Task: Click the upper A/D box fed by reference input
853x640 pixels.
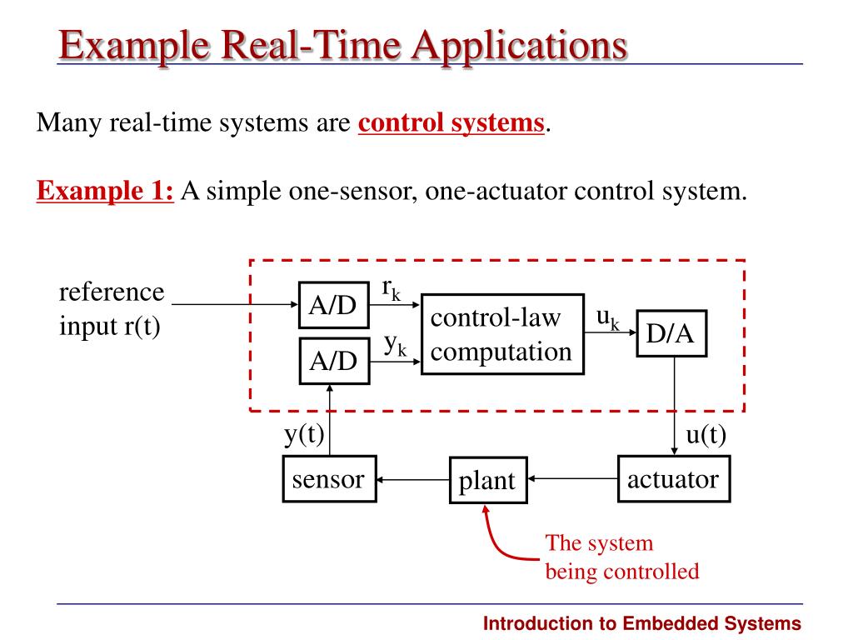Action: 333,306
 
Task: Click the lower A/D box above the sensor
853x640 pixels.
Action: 333,361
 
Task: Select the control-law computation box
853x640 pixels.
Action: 501,333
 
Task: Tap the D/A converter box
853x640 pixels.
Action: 671,333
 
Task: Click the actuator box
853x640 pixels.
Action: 673,479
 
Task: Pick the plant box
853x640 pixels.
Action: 488,480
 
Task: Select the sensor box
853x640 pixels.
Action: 328,479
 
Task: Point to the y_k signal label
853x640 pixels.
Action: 394,345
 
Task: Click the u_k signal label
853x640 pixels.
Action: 607,317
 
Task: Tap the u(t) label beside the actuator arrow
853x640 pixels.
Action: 706,436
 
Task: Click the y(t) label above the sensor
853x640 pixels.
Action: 304,435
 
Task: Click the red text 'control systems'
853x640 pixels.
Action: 451,123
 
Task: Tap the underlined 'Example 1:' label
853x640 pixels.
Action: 105,191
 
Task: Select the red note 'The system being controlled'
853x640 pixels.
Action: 621,557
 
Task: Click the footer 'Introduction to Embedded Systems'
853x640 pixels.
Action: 642,623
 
